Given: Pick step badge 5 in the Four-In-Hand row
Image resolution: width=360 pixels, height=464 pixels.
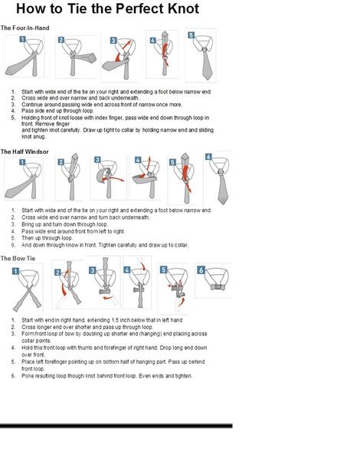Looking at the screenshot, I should tap(190, 35).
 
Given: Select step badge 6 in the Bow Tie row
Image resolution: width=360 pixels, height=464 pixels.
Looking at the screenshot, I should tap(201, 270).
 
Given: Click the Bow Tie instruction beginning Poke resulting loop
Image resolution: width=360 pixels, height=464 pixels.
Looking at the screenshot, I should tap(107, 376).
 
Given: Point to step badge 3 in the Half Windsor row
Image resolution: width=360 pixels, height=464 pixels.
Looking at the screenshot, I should tap(97, 160).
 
